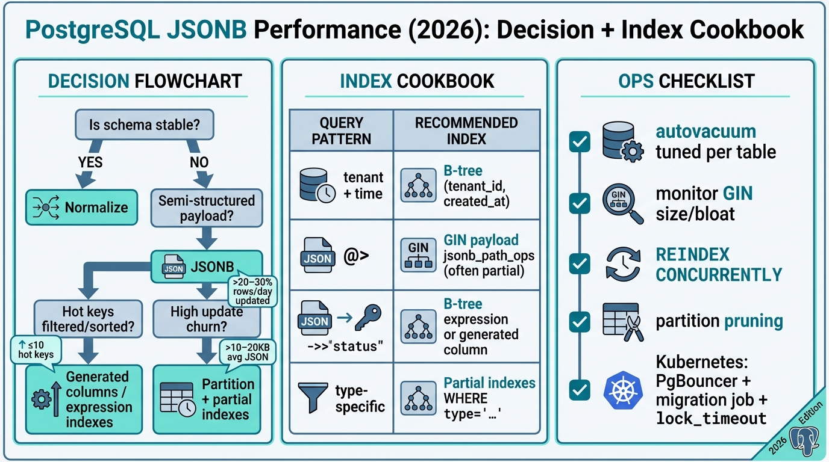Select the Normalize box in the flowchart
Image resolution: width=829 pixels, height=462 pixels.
[81, 208]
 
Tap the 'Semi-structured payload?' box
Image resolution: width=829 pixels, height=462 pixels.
[207, 208]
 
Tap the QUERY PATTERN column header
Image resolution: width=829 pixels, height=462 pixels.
[342, 131]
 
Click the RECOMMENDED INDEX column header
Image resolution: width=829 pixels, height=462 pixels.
[466, 131]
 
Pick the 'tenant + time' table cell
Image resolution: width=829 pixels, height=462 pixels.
[342, 185]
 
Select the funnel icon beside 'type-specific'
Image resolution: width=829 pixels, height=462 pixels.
[313, 398]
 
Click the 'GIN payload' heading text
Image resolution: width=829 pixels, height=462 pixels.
[480, 240]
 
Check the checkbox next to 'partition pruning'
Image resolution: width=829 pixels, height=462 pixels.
[580, 322]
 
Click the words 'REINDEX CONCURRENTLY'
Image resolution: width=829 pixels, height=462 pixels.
[718, 264]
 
